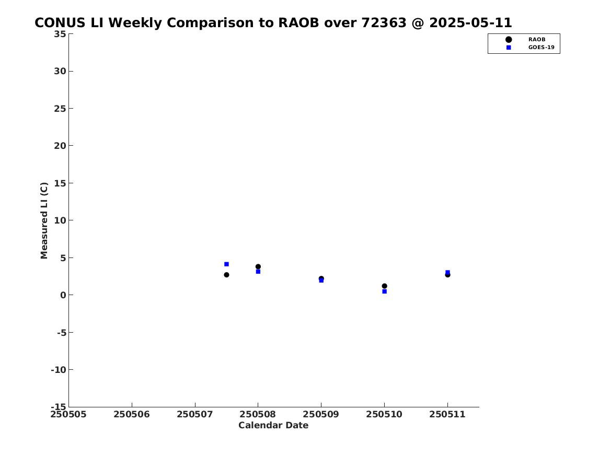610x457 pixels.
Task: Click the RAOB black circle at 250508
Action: pos(258,266)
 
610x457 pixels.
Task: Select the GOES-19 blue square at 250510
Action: pos(384,291)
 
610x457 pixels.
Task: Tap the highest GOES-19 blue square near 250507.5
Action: pos(226,264)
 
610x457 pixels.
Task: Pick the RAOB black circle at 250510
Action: pos(384,286)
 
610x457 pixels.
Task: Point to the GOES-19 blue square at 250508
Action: pos(258,272)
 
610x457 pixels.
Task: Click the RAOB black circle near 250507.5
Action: pos(226,275)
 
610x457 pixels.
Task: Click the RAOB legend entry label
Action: pos(537,40)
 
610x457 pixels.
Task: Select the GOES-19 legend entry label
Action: pos(541,48)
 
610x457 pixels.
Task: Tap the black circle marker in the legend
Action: pos(509,40)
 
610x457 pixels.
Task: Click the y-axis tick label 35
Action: pos(60,34)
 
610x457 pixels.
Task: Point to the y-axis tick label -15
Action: pos(59,407)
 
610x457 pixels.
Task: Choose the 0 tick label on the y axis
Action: pos(63,295)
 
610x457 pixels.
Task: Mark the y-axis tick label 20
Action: pos(60,146)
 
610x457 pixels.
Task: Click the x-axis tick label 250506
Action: pos(132,415)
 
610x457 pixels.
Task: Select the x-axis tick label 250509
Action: pos(321,415)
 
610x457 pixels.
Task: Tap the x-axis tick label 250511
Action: pos(447,415)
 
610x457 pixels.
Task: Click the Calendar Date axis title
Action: pos(273,426)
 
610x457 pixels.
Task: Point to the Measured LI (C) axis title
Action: pos(44,220)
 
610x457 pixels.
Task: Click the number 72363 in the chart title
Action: pos(384,23)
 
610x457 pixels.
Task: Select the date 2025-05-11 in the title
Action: pos(471,23)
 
